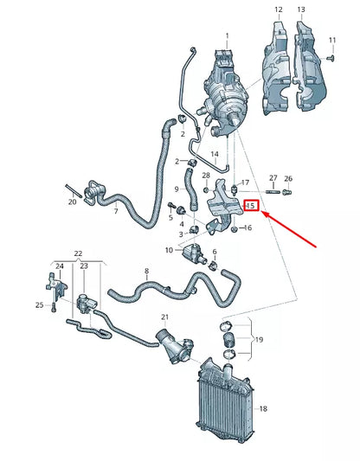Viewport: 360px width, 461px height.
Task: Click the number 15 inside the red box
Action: (251, 206)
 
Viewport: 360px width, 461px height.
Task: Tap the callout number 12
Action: (278, 10)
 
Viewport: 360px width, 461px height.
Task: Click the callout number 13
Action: (300, 10)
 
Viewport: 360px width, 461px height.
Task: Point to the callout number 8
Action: (146, 271)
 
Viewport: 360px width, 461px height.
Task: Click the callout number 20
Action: (72, 202)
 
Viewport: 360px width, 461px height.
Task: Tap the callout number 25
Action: (39, 304)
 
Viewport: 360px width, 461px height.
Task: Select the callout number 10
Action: (169, 250)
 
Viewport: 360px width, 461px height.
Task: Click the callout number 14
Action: (215, 154)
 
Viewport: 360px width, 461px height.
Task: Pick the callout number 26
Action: (288, 178)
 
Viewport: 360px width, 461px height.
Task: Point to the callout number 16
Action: (248, 227)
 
